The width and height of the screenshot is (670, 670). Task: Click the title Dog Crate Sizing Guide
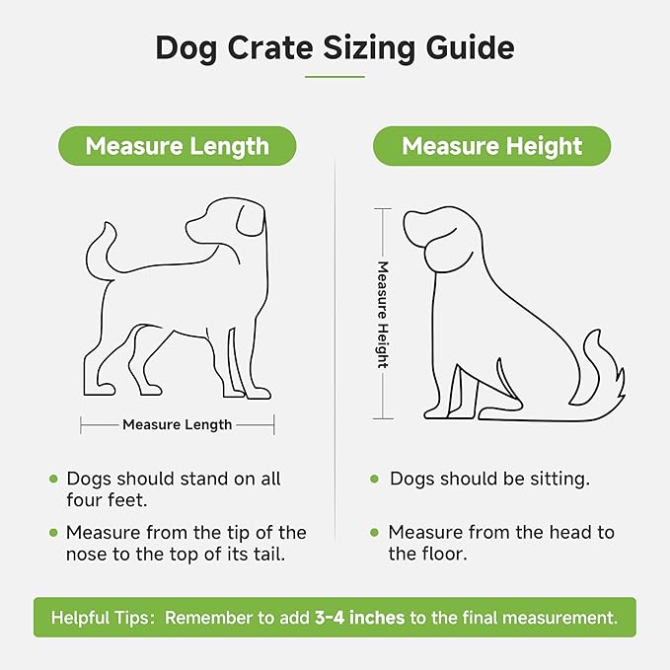335,48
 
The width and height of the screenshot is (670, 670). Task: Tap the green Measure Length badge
177,146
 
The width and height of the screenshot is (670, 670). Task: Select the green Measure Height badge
491,146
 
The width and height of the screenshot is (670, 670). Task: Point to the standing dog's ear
249,219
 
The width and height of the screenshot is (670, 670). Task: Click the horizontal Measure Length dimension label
178,424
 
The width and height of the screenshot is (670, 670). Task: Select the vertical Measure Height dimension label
383,314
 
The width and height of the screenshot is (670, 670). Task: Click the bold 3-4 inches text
358,619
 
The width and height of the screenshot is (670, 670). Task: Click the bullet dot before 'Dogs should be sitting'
374,480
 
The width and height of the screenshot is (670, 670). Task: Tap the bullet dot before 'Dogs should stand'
53,480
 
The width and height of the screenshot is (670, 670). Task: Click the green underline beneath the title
335,76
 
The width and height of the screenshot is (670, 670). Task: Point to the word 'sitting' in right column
555,480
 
